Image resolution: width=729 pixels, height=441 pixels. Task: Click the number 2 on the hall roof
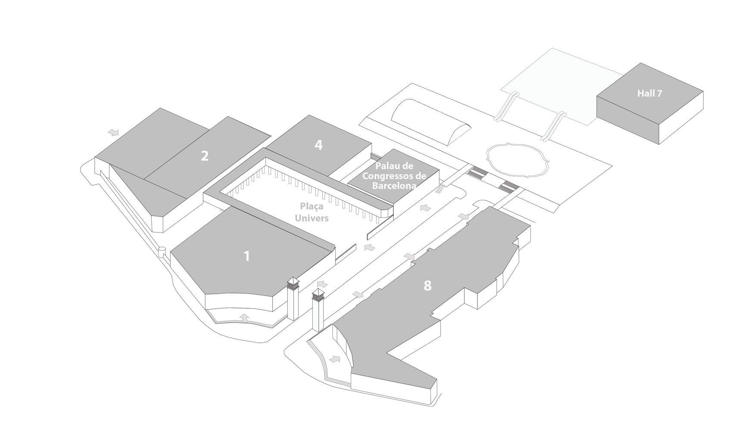tap(204, 156)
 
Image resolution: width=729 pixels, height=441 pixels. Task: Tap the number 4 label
tap(318, 145)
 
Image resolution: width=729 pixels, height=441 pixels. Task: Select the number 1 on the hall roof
tap(247, 256)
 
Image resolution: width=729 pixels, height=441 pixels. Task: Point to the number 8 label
tap(427, 286)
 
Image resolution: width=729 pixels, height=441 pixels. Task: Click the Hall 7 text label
tap(649, 93)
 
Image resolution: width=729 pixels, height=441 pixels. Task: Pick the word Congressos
tap(390, 176)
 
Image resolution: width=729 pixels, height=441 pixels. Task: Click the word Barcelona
tap(394, 186)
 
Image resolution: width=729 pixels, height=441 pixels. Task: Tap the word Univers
tap(312, 218)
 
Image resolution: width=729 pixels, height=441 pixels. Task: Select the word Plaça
tap(312, 207)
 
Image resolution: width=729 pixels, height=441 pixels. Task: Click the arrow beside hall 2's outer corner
tap(114, 132)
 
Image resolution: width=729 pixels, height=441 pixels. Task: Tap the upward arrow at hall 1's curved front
tap(244, 317)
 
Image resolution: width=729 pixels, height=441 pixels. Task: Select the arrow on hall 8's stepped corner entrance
tap(335, 359)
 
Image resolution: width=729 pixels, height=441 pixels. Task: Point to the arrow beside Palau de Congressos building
tap(425, 208)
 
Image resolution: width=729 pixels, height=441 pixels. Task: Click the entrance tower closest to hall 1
tap(293, 299)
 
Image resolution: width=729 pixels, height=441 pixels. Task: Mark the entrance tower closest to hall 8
tap(318, 310)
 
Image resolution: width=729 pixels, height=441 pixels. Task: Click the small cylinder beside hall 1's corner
tap(162, 252)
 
